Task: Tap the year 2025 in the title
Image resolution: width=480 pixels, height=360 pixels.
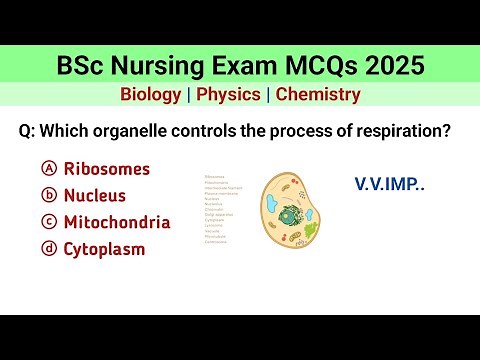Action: coord(387,66)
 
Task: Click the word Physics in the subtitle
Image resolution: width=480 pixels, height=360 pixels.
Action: coord(229,95)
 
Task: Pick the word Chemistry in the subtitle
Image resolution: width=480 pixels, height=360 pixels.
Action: coord(318,95)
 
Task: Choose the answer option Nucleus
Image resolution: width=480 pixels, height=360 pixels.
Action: coord(96,195)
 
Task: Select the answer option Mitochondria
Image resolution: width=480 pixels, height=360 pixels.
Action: coord(117,222)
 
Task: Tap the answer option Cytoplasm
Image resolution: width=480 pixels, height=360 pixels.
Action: coord(105,249)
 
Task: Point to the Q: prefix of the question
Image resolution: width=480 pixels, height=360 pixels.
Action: coord(29,132)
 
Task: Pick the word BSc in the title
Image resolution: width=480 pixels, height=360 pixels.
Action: coord(80,66)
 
